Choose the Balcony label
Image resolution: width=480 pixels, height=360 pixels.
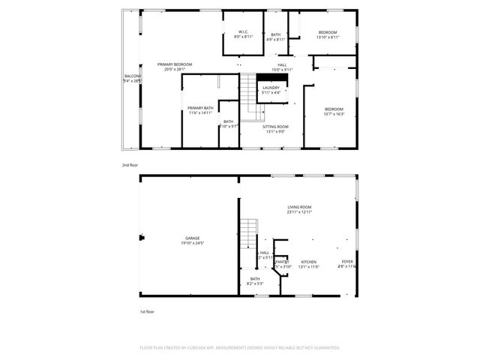pos(132,78)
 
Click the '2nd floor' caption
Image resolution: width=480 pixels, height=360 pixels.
pos(130,164)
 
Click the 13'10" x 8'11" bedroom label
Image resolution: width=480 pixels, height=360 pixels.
pos(328,34)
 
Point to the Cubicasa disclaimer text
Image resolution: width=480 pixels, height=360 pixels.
pos(240,347)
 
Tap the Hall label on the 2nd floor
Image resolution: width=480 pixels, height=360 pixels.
pos(282,67)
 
